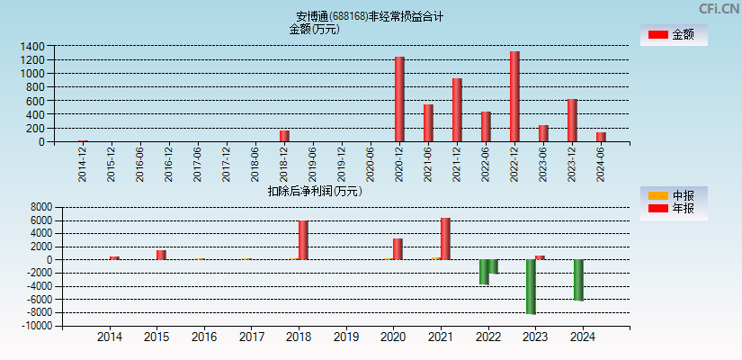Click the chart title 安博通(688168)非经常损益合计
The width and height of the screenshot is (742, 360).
(370, 16)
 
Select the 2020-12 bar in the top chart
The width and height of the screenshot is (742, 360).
(399, 99)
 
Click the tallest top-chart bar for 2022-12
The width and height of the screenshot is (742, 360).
(514, 96)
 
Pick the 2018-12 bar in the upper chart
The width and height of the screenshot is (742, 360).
(284, 136)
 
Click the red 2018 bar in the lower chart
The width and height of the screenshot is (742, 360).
(303, 240)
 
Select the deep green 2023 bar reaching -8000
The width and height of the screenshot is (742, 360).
(531, 286)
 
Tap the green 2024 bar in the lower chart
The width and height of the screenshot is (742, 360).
(578, 280)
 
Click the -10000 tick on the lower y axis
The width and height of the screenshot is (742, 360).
(35, 327)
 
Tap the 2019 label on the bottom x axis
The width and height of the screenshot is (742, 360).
(345, 337)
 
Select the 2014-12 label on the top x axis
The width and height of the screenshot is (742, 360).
(83, 165)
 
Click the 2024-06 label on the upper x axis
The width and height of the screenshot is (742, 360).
(601, 165)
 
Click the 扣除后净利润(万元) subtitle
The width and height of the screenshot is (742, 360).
(314, 191)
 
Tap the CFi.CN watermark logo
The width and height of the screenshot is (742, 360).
(719, 9)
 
